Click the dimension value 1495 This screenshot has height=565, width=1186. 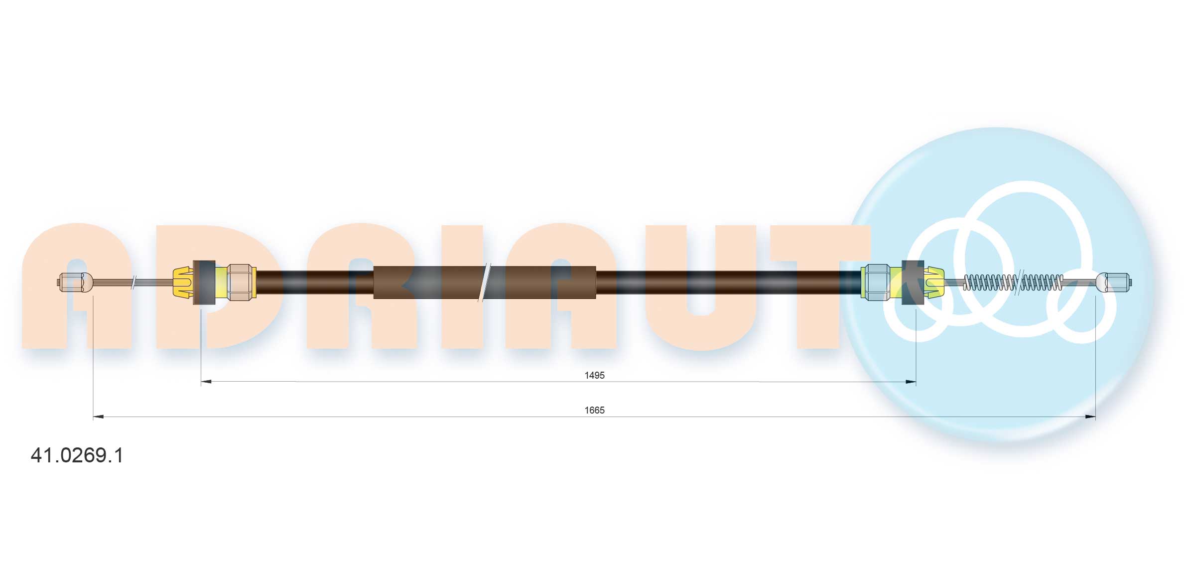tap(594, 375)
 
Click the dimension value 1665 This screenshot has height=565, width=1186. tap(594, 410)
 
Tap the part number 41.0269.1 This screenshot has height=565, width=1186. tap(77, 455)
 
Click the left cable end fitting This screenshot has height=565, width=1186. tap(75, 282)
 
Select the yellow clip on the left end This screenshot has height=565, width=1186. tap(183, 282)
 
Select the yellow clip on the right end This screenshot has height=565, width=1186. tap(934, 282)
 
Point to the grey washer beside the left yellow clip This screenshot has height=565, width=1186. tap(204, 282)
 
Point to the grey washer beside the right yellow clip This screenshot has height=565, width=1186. tap(913, 282)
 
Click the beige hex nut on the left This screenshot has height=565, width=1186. tap(240, 282)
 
